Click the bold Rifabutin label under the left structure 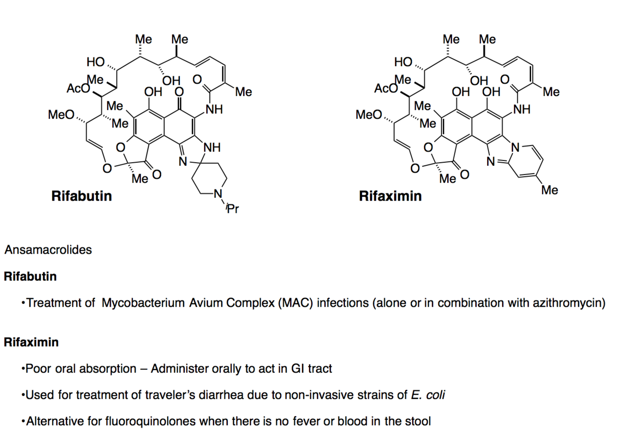point(81,196)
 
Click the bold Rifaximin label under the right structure point(390,196)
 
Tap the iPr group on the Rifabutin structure point(232,208)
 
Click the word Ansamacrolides point(48,250)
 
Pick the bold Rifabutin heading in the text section point(30,276)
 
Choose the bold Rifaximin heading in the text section point(31,342)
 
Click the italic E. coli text point(428,395)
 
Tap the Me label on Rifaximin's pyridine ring point(550,190)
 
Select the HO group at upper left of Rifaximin point(404,62)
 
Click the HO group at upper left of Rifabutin point(96,62)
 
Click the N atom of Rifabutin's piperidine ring point(217,194)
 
